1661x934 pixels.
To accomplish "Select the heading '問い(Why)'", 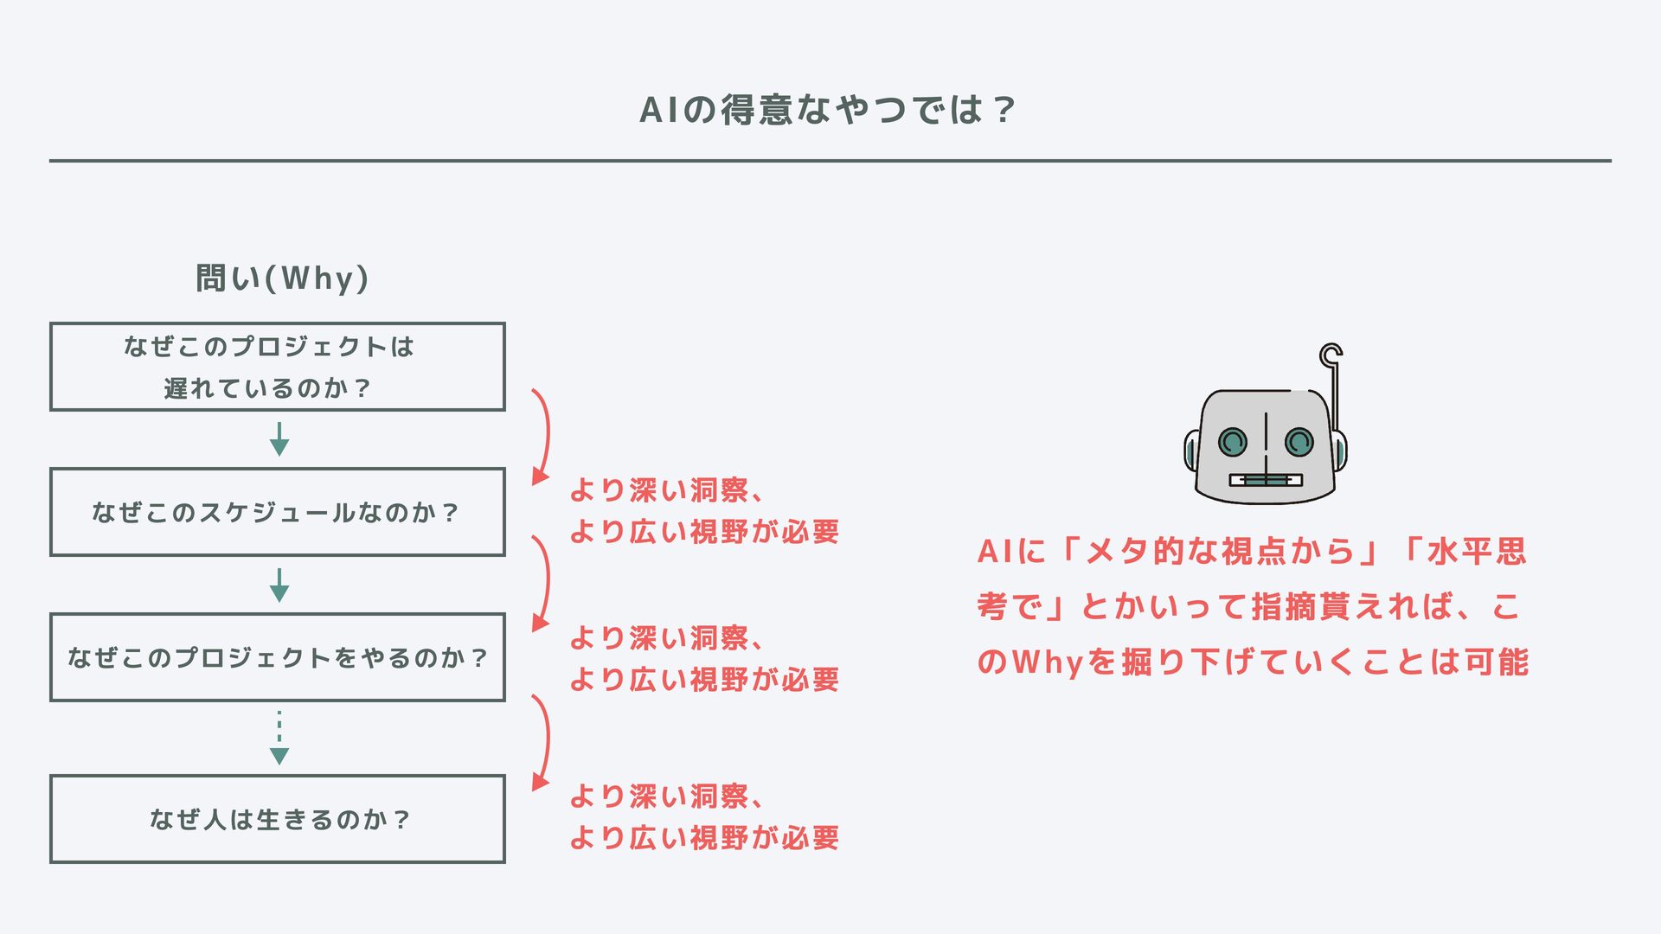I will point(282,278).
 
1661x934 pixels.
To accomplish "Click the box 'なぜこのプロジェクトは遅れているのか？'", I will point(278,367).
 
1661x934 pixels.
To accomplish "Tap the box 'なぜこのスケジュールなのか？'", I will point(278,512).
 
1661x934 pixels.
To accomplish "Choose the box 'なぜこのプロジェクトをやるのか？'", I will point(278,657).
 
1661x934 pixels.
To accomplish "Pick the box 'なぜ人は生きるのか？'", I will point(278,819).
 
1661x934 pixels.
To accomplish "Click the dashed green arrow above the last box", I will point(279,738).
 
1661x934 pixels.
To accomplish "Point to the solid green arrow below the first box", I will point(279,439).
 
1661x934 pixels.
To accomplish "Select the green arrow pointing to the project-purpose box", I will point(279,585).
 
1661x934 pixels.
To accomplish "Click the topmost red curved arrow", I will point(543,435).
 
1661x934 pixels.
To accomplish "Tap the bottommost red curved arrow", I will point(543,742).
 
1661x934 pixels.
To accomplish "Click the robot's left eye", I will point(1233,443).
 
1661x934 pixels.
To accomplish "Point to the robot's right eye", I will point(1299,443).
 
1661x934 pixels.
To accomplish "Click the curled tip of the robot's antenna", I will point(1331,354).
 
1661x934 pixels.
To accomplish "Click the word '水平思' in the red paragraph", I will point(1478,552).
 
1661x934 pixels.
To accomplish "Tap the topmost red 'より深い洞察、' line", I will point(666,490).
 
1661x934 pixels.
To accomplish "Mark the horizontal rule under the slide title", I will point(830,161).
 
